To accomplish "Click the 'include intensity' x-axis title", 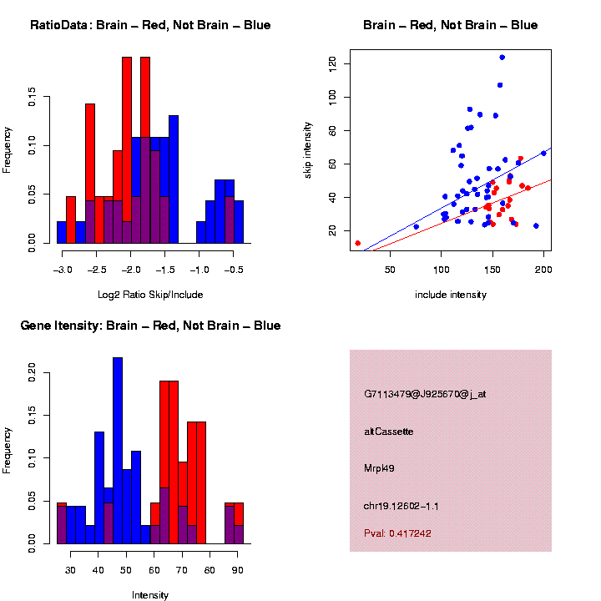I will click(451, 295).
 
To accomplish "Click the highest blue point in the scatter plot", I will click(502, 58).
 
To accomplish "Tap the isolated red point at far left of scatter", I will click(357, 243).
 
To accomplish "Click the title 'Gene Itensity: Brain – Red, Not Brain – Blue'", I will click(150, 326).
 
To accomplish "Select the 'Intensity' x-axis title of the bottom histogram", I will click(150, 595).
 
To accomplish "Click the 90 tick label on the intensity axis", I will click(237, 570).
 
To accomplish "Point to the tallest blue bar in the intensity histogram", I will click(118, 451).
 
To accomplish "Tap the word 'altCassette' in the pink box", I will click(389, 432).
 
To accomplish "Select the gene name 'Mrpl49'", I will click(380, 468).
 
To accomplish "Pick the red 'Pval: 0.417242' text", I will click(397, 533).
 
